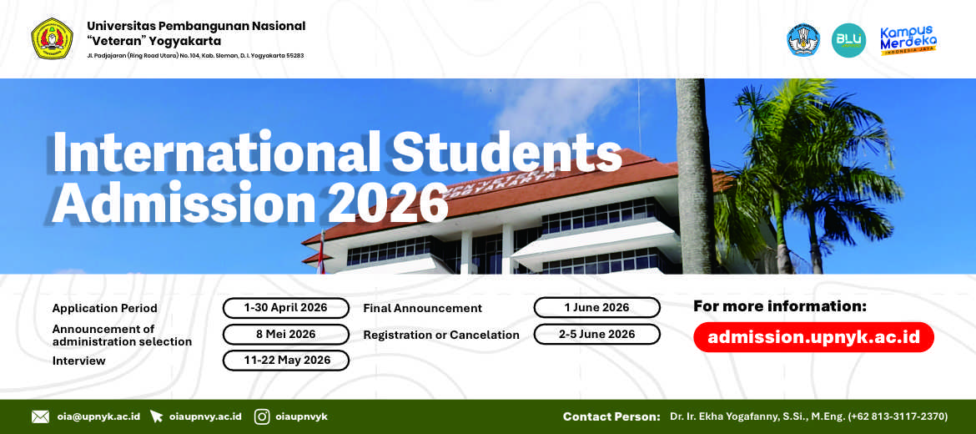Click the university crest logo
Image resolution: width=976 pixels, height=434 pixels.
tap(53, 38)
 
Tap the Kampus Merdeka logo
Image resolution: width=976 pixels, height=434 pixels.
tap(908, 40)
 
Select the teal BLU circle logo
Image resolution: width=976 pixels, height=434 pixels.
tap(848, 40)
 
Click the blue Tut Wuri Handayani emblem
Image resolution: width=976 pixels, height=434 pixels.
tap(803, 40)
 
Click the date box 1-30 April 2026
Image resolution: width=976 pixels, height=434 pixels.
tap(285, 308)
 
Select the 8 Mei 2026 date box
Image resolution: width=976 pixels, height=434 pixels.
tap(285, 335)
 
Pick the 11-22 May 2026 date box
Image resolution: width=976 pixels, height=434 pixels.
tap(285, 360)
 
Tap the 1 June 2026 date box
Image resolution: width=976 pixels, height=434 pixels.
tap(597, 308)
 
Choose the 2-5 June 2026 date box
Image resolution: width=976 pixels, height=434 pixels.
tap(597, 334)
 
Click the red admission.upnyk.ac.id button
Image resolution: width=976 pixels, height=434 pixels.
tap(813, 337)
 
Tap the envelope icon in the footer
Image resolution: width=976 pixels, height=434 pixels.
tap(41, 416)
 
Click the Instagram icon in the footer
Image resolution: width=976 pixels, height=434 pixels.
tap(262, 416)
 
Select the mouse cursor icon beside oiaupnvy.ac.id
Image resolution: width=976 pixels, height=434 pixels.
tap(156, 416)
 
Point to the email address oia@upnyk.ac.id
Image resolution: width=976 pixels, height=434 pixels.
tap(98, 416)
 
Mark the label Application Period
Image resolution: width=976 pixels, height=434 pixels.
tap(104, 308)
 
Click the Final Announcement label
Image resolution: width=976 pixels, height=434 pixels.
tap(423, 308)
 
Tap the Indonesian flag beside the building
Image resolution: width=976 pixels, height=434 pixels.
tap(320, 255)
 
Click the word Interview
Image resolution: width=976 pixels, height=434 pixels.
tap(79, 361)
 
